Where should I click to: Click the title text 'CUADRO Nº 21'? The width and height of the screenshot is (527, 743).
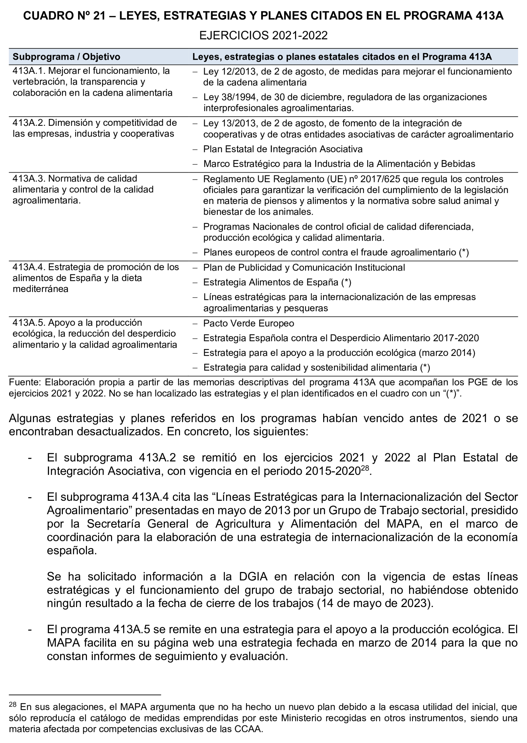[x=64, y=16]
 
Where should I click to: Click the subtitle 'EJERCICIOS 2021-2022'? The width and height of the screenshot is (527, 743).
[x=263, y=35]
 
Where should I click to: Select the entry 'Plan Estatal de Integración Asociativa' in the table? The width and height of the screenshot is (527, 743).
[x=283, y=149]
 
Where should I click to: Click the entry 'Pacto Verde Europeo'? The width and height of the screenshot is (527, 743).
[x=249, y=323]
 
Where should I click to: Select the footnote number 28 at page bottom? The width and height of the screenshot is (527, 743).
[x=13, y=704]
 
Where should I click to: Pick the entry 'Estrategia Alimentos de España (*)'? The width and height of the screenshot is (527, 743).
[x=277, y=282]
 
